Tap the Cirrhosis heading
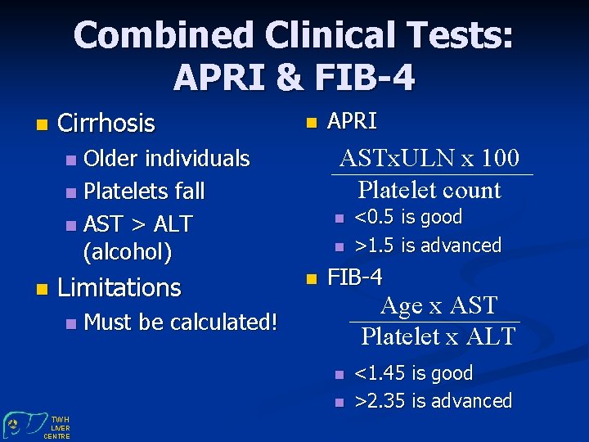tap(106, 124)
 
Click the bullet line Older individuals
tap(166, 157)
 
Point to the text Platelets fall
tap(144, 191)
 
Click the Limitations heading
tap(119, 287)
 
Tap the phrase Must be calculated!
tap(180, 322)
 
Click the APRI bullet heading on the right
tap(352, 122)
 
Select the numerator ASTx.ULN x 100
tap(429, 157)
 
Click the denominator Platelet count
tap(429, 190)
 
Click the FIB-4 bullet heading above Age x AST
tap(354, 277)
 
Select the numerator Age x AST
tap(438, 305)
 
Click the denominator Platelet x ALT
tap(438, 336)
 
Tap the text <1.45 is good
tap(414, 373)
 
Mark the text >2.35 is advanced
tap(433, 401)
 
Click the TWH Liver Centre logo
tap(37, 425)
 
